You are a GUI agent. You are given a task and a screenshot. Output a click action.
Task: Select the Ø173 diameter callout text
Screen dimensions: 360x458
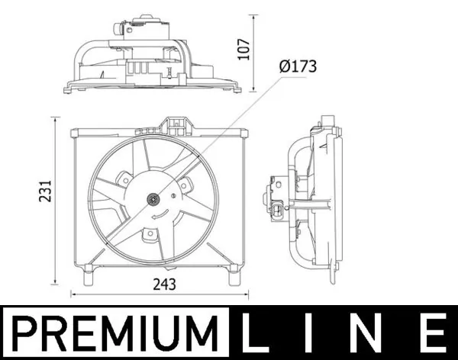point(298,66)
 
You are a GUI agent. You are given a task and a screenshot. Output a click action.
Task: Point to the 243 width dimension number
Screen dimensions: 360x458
point(164,284)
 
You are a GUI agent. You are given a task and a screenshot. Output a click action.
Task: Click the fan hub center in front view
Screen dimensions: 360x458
point(153,200)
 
